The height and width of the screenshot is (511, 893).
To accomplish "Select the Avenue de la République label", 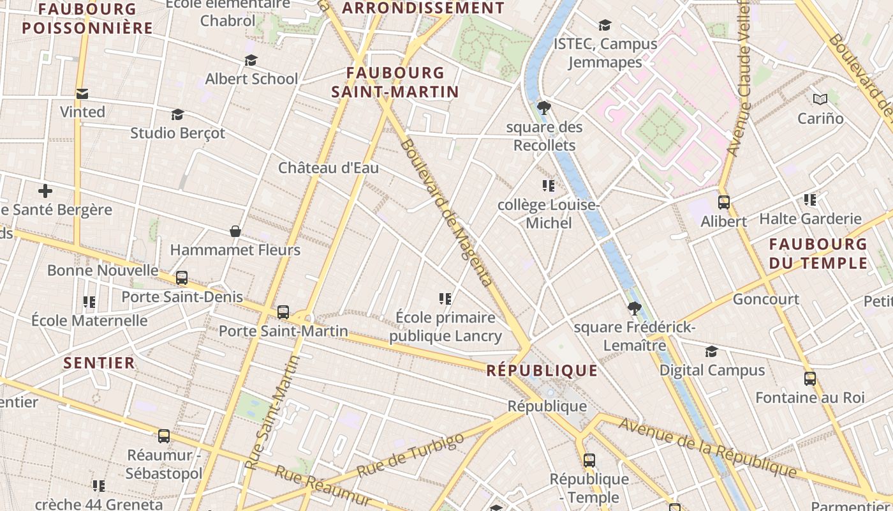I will coord(707,448).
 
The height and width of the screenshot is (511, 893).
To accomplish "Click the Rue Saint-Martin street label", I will coord(273,413).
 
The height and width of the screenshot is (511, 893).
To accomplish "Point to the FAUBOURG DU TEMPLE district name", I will coord(818,254).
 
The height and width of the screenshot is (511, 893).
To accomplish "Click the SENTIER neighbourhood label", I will coord(100,363).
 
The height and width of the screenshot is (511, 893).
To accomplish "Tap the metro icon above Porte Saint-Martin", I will coord(283,312).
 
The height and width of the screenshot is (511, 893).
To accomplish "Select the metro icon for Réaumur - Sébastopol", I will coord(164,436).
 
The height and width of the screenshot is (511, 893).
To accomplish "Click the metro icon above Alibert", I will coord(724,202).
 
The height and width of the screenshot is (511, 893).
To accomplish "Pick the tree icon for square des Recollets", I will coord(544,107).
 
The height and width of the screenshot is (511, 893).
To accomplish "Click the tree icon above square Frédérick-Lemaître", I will coord(634,309).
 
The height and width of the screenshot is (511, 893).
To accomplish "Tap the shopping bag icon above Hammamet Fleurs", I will coord(235,231).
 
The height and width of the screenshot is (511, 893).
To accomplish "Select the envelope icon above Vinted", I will coord(82,94).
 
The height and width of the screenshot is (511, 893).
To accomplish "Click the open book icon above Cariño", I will coord(820,99).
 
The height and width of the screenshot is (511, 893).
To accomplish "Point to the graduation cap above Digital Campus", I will coord(711,351).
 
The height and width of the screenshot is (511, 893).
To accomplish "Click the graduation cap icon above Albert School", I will coord(251,60).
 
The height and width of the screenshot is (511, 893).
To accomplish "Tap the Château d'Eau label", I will coord(328,168).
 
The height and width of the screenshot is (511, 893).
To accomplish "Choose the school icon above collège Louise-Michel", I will coord(548,186).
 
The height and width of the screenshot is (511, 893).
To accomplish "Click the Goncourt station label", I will coord(765,299).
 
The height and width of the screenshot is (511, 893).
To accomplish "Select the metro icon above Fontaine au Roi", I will coord(810,379).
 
